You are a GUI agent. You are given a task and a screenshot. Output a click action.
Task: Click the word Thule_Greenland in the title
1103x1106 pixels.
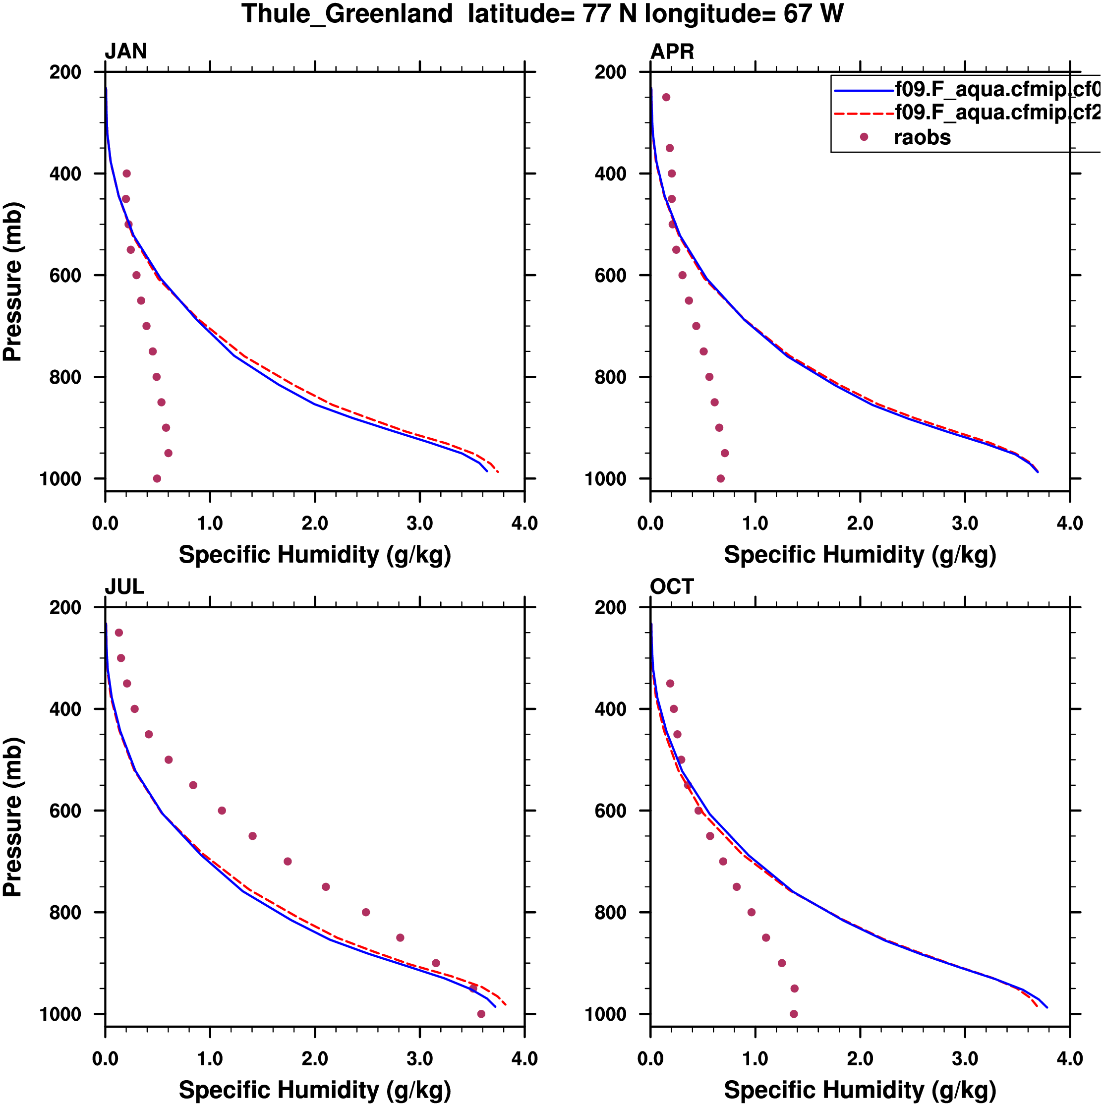coord(347,14)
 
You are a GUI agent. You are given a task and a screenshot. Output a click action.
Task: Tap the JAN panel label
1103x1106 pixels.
coord(125,52)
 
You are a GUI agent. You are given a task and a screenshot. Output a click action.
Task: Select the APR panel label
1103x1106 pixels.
coord(672,52)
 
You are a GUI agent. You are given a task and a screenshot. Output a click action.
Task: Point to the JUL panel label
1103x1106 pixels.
coord(124,587)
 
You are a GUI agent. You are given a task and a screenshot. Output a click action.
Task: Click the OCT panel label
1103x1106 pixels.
coord(672,587)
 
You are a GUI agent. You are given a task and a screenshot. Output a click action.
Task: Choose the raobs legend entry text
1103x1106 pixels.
coord(922,137)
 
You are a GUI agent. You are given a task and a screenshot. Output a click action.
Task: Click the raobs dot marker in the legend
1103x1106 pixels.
coord(864,137)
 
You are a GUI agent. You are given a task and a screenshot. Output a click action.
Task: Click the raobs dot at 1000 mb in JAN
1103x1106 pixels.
coord(157,478)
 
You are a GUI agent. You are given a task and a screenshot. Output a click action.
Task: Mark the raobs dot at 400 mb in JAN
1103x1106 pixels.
coord(126,174)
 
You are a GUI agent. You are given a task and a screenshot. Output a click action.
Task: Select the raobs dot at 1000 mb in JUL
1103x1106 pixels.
coord(481,1014)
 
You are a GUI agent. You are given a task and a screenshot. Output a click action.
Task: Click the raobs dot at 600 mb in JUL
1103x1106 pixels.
coord(222,811)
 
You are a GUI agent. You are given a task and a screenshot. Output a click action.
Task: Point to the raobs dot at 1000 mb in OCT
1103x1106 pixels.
coord(794,1014)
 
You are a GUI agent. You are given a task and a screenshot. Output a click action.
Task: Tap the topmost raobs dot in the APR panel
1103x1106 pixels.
coord(666,97)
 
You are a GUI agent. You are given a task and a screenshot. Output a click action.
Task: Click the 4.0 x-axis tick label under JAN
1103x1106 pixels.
coord(524,523)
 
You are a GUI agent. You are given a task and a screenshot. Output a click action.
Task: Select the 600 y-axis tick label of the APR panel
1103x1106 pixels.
coord(611,275)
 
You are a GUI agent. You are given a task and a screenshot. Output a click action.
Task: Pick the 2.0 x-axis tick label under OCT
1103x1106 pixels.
coord(860,1058)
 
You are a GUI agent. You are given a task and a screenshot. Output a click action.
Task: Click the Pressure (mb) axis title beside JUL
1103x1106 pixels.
coord(12,817)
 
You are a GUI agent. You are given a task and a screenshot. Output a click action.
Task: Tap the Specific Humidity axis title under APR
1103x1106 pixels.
coord(860,555)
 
